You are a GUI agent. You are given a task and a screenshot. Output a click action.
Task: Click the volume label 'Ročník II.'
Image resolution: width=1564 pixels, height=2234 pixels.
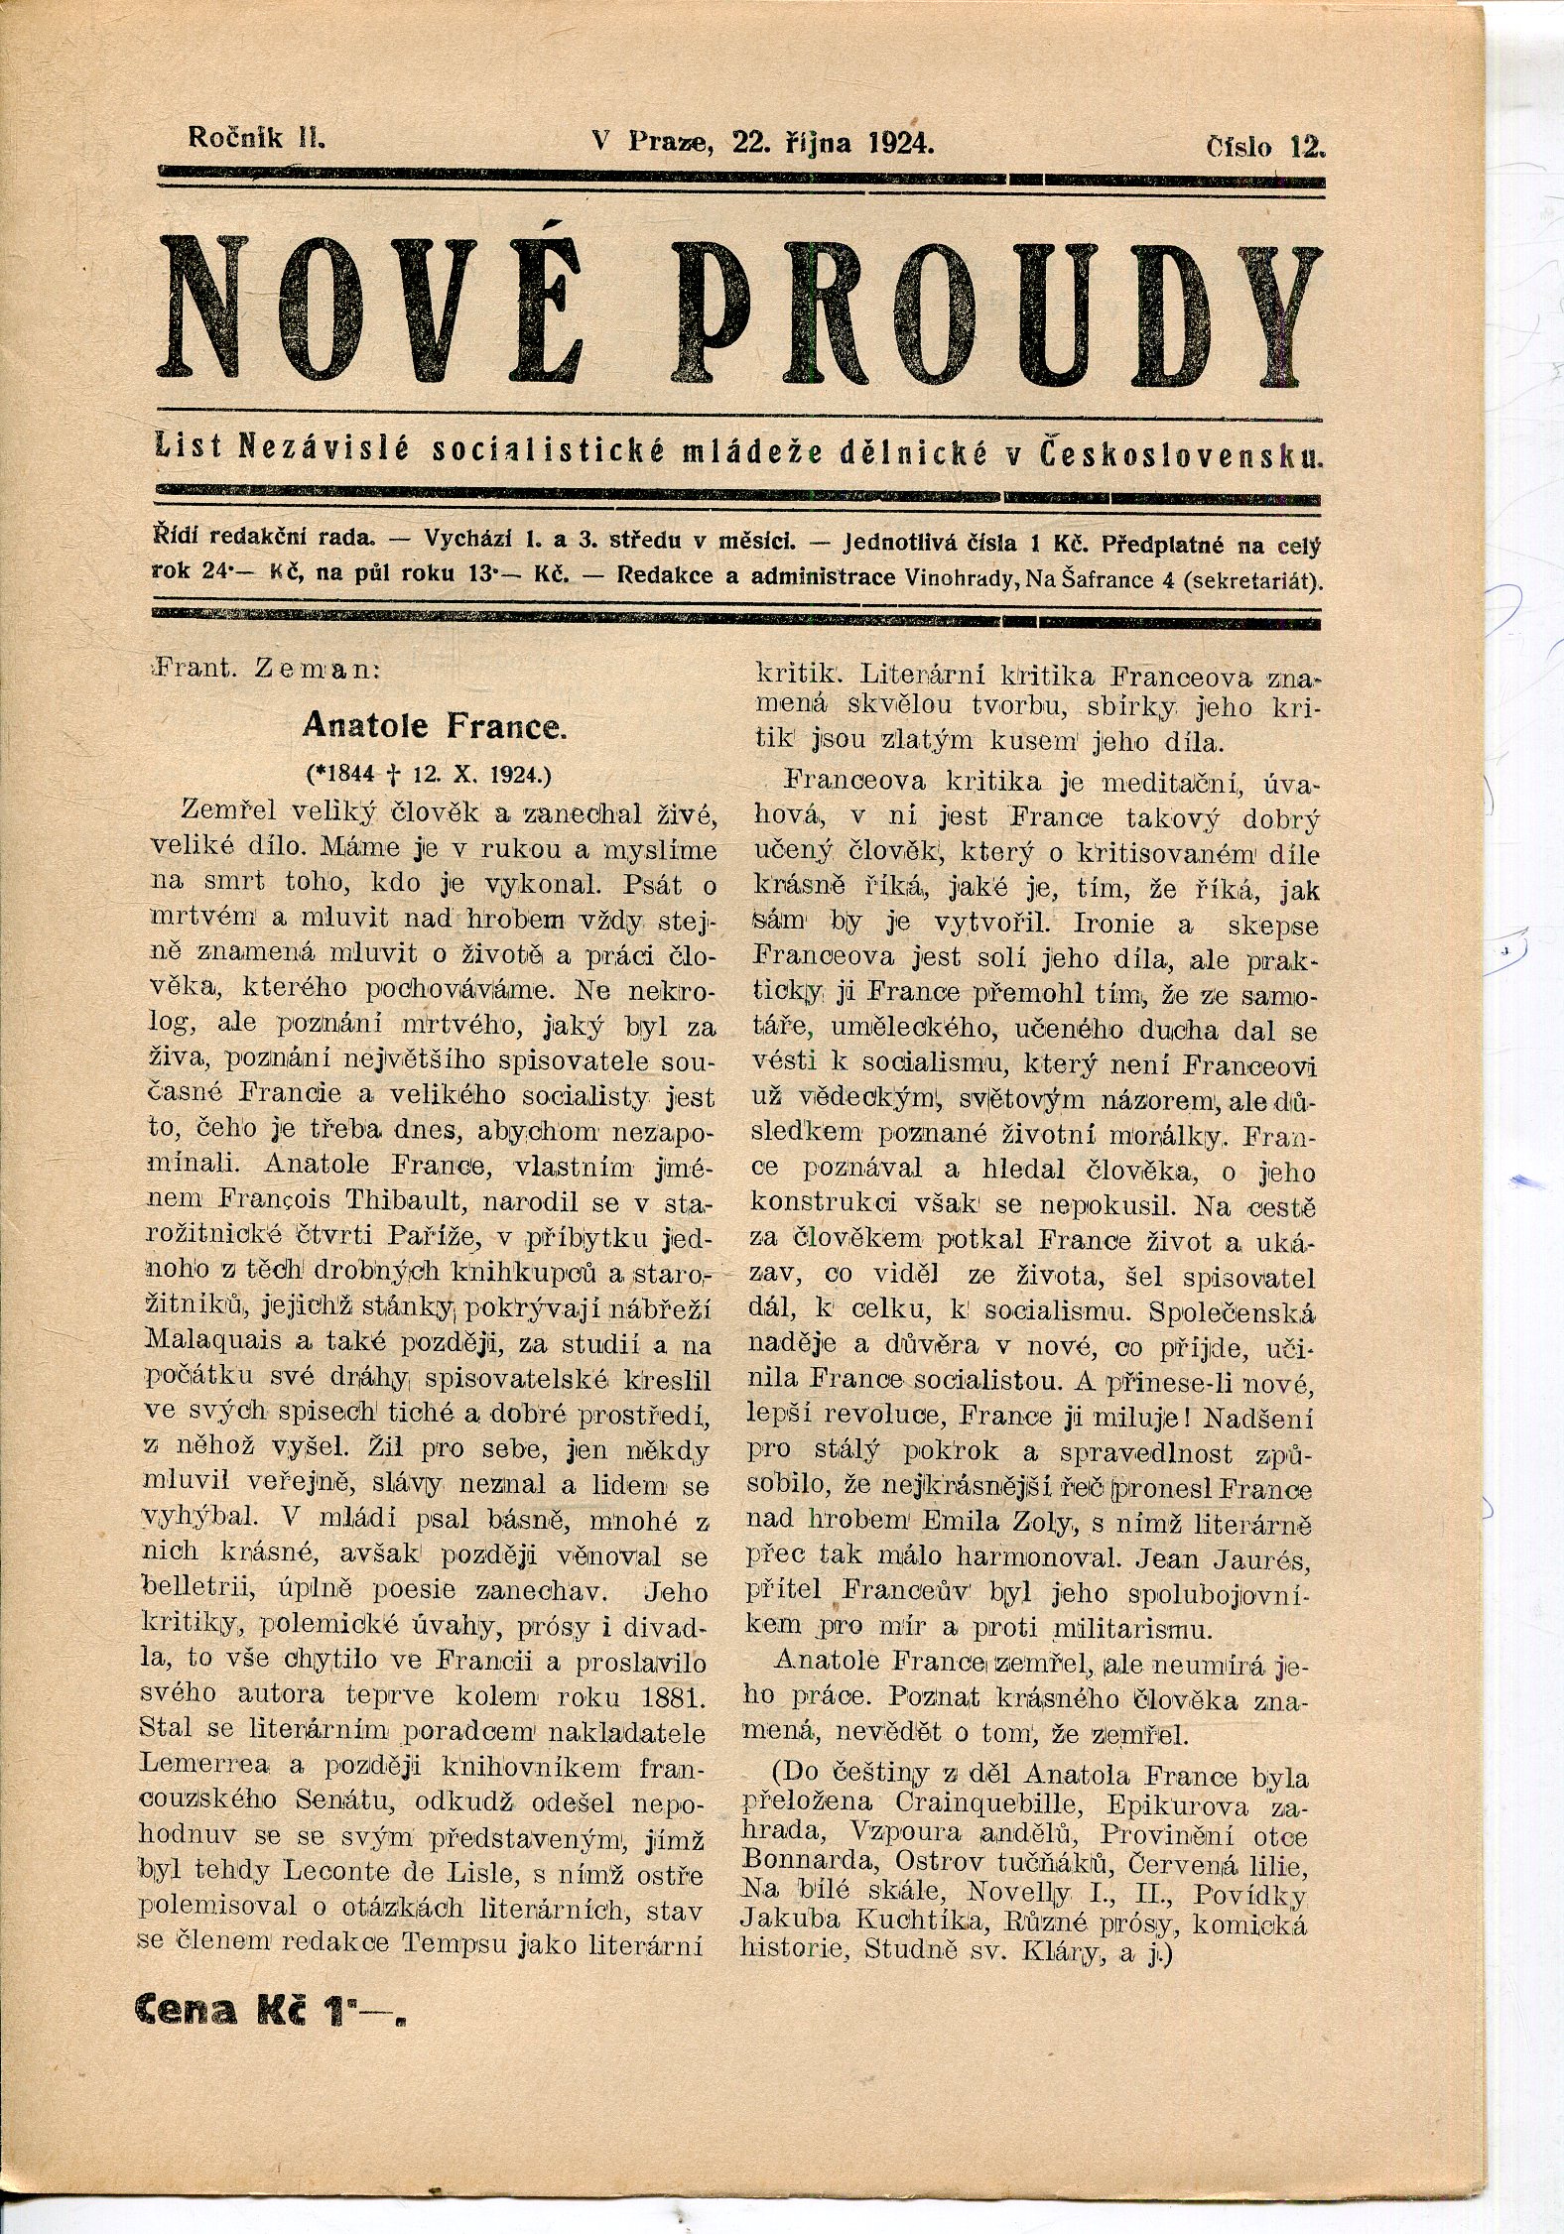(x=257, y=138)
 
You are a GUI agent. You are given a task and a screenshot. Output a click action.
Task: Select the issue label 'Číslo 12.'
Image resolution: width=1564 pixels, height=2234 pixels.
(x=1264, y=147)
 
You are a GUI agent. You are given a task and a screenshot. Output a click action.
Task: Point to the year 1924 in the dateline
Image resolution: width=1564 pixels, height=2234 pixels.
(x=900, y=142)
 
